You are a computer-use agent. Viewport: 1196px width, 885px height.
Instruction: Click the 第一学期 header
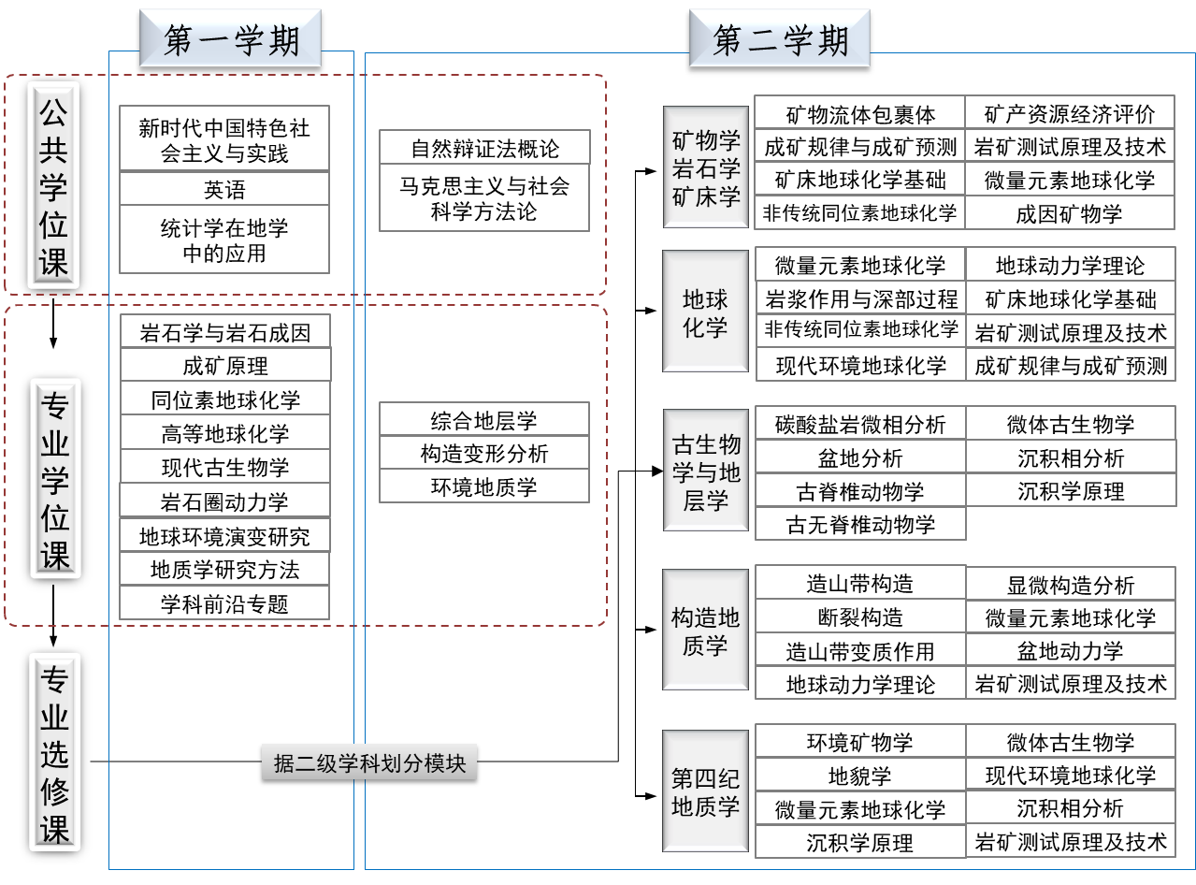(x=230, y=39)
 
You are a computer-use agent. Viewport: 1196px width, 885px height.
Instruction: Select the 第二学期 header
(x=779, y=39)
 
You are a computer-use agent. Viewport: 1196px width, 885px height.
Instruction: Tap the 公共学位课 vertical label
(x=53, y=185)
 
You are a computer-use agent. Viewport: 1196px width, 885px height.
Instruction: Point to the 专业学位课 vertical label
(x=55, y=479)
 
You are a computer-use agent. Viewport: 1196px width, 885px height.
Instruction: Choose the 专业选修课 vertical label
(x=54, y=752)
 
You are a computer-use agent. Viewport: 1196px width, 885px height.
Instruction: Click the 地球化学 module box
(x=705, y=312)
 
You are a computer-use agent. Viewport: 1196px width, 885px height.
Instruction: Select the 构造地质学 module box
(x=705, y=631)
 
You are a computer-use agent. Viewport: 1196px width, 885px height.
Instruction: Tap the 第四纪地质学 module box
(x=705, y=791)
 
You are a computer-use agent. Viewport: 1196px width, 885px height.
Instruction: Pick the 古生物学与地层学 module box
(x=705, y=471)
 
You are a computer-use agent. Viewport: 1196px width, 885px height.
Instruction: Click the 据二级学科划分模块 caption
(x=369, y=762)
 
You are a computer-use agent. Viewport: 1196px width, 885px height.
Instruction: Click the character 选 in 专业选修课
(x=54, y=754)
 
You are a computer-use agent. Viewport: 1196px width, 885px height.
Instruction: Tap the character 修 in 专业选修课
(x=54, y=791)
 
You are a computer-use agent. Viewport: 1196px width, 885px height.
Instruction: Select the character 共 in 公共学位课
(x=53, y=150)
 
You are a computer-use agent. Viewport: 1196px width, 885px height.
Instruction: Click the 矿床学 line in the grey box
(x=706, y=196)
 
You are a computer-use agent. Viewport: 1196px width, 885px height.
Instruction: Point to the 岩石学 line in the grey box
(x=706, y=169)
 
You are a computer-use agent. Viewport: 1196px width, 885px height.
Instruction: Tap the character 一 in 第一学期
(x=208, y=39)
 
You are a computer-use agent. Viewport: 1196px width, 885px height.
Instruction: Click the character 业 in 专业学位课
(x=55, y=442)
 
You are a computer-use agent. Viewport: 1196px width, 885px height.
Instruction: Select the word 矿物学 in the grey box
(x=706, y=141)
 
